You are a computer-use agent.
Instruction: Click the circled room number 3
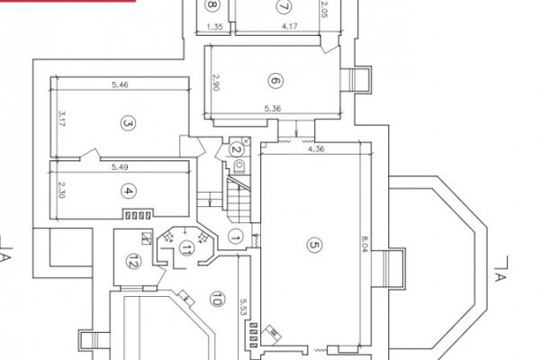pyautogui.click(x=128, y=123)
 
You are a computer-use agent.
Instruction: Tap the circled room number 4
pyautogui.click(x=128, y=192)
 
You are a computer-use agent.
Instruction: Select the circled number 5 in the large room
pyautogui.click(x=314, y=245)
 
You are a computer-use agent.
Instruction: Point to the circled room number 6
pyautogui.click(x=275, y=81)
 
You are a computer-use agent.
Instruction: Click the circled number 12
pyautogui.click(x=133, y=261)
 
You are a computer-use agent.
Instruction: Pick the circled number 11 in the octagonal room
pyautogui.click(x=185, y=247)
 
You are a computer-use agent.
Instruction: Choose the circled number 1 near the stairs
pyautogui.click(x=235, y=237)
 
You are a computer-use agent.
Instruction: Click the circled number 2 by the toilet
pyautogui.click(x=236, y=149)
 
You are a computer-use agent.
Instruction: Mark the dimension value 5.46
pyautogui.click(x=120, y=85)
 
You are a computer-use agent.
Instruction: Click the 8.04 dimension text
pyautogui.click(x=364, y=244)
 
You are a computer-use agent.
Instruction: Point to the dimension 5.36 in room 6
pyautogui.click(x=273, y=109)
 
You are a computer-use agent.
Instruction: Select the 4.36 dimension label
pyautogui.click(x=316, y=148)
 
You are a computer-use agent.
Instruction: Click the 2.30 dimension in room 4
pyautogui.click(x=61, y=191)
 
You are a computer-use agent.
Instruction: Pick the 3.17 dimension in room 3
pyautogui.click(x=61, y=119)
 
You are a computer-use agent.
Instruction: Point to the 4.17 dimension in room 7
pyautogui.click(x=289, y=26)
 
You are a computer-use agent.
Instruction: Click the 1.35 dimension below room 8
pyautogui.click(x=214, y=27)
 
